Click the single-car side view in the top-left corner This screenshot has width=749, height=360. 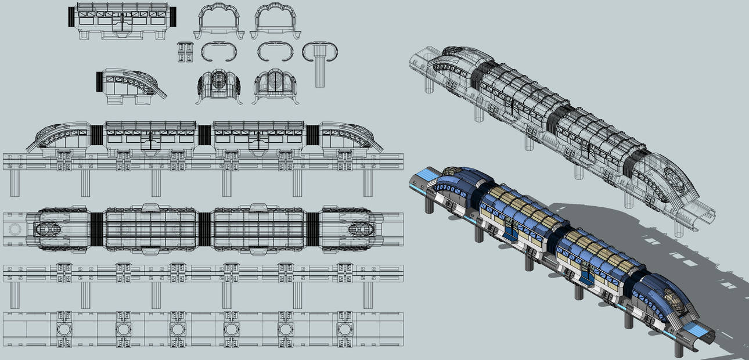123,21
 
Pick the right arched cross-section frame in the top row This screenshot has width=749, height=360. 276,21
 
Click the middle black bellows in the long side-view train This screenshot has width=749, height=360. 204,135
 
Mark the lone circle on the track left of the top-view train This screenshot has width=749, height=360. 15,229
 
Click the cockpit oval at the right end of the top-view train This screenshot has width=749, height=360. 356,229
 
